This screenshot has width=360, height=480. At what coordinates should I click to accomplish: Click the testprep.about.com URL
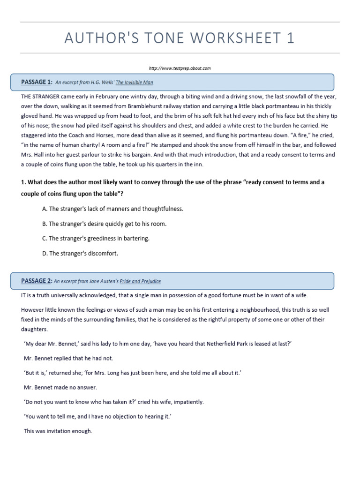(x=180, y=68)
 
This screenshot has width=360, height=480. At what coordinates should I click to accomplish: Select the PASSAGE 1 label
(x=36, y=82)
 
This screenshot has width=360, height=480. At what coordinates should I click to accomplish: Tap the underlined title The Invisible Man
(x=135, y=82)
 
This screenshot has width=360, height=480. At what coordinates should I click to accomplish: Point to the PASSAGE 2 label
(x=36, y=281)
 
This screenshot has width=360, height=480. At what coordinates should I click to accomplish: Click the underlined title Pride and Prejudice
(x=140, y=281)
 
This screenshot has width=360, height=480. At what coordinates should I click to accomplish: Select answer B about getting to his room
(x=104, y=224)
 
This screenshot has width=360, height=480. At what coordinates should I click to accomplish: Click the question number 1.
(x=23, y=182)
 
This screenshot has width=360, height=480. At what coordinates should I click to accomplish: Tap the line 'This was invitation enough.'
(x=58, y=431)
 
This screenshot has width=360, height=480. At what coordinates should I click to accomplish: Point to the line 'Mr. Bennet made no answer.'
(x=60, y=387)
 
